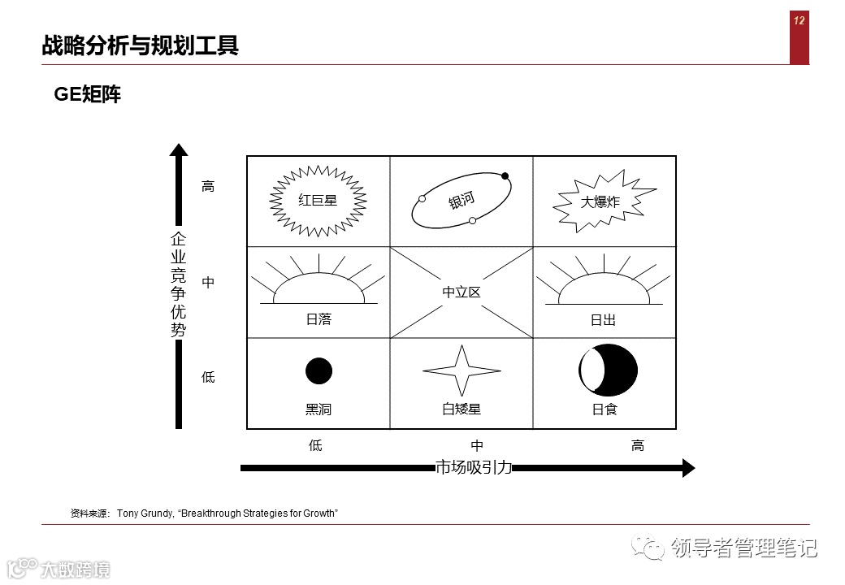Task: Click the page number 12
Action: coord(799,21)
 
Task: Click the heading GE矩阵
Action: coord(88,95)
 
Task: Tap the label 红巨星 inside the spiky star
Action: coord(318,200)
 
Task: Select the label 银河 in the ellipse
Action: coord(461,201)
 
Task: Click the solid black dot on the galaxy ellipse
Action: coord(505,176)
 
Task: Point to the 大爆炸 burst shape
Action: coord(600,201)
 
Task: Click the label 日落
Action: coord(318,319)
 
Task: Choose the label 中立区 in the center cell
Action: coord(461,292)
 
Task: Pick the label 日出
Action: coord(603,320)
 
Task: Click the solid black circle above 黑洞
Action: coord(318,370)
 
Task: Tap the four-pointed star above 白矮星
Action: coord(461,371)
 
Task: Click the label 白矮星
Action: coord(461,409)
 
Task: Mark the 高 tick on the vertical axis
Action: coord(208,186)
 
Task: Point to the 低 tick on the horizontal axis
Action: coord(315,445)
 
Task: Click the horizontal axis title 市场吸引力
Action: coord(474,467)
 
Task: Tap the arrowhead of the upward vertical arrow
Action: coord(179,149)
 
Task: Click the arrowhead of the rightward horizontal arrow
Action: coord(688,467)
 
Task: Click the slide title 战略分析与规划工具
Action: coord(140,45)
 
